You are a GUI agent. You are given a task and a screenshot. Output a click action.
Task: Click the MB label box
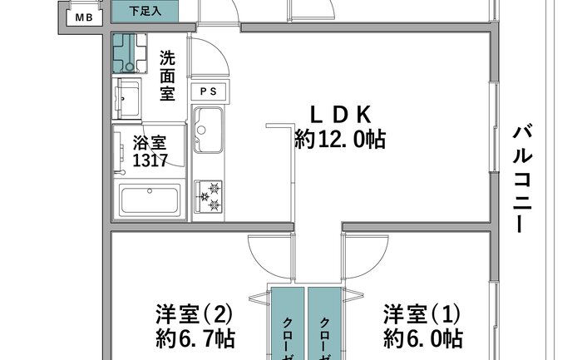tap(84, 17)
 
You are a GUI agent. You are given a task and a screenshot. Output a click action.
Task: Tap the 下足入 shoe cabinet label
tap(145, 11)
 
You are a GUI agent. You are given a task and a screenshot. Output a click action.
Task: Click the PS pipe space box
tap(208, 91)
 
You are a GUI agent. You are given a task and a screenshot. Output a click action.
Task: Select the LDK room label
tap(340, 115)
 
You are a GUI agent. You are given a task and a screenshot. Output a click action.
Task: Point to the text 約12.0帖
tap(340, 139)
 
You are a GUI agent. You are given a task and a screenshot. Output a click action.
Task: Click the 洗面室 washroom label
tap(167, 76)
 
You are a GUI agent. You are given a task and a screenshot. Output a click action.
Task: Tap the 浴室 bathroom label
tap(150, 142)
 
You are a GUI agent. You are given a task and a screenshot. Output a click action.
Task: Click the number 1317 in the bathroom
tap(150, 160)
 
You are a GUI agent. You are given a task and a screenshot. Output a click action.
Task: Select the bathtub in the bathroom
tap(150, 200)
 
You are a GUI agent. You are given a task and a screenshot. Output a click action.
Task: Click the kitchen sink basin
tap(209, 130)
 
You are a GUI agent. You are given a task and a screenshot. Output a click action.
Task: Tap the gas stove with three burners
tap(209, 197)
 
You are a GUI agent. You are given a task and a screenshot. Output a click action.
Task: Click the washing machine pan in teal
tap(130, 53)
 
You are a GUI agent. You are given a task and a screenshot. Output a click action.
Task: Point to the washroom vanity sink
tap(128, 99)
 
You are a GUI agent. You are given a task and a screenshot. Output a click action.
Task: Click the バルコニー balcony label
tap(523, 180)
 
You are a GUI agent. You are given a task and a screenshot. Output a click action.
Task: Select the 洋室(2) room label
tap(194, 314)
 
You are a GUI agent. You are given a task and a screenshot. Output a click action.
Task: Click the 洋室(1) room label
tap(422, 314)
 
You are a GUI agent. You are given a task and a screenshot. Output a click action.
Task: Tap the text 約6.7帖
tap(195, 338)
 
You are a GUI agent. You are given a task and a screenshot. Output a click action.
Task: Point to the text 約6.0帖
tap(423, 338)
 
